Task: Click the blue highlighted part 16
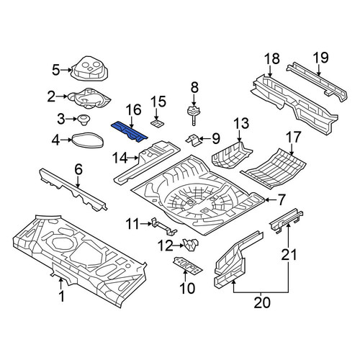pyautogui.click(x=129, y=132)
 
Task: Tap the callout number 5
pyautogui.click(x=55, y=70)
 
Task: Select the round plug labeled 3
pyautogui.click(x=84, y=120)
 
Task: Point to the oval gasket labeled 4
pyautogui.click(x=88, y=140)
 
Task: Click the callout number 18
pyautogui.click(x=272, y=59)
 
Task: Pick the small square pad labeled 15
pyautogui.click(x=157, y=123)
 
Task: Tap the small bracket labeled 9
pyautogui.click(x=194, y=140)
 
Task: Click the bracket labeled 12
pyautogui.click(x=191, y=245)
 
